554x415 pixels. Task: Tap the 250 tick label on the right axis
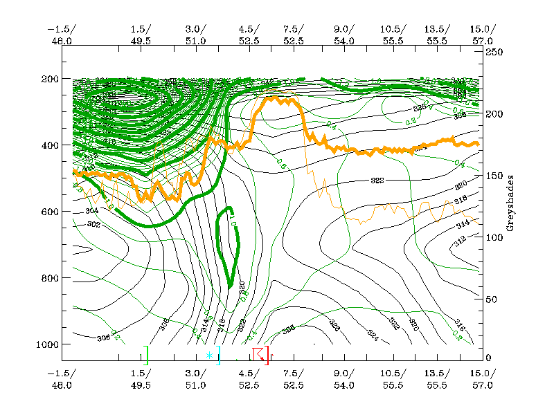pos(493,53)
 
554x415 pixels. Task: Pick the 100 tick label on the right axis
pos(493,237)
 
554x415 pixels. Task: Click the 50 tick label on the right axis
pos(491,299)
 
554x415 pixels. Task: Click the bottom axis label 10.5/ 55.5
pos(393,379)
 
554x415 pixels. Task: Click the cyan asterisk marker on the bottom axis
pos(209,356)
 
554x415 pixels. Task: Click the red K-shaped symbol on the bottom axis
pos(259,354)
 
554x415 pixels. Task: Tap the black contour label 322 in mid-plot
pos(377,180)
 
